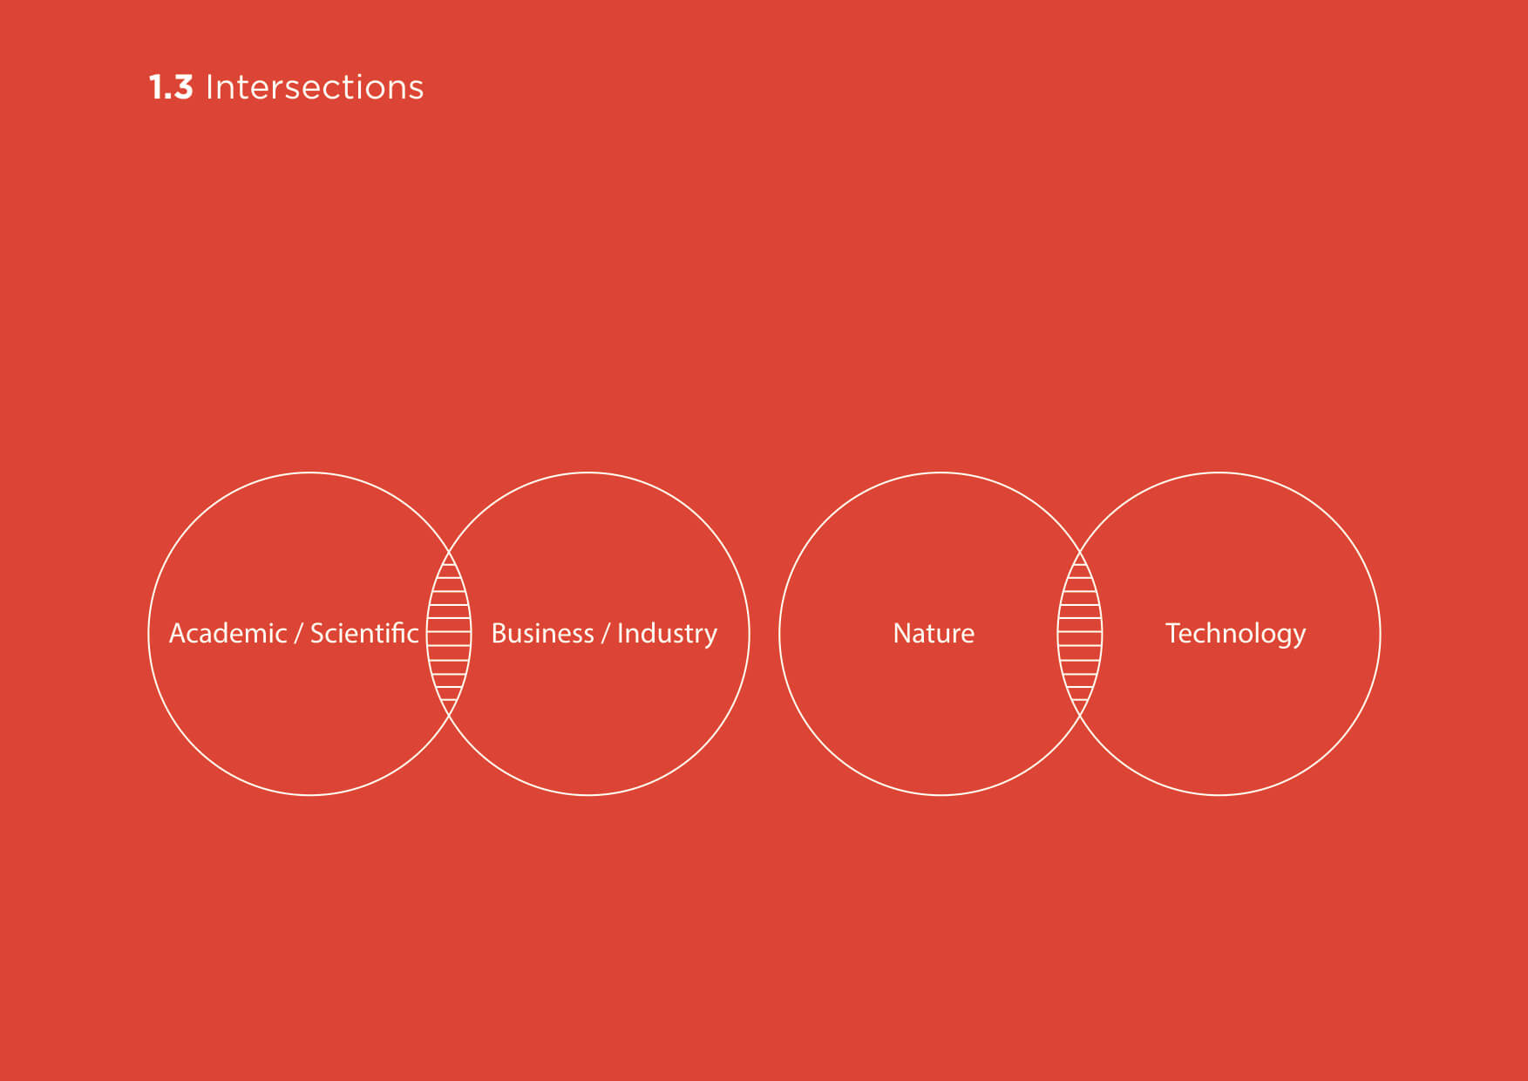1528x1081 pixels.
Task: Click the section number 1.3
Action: click(x=171, y=87)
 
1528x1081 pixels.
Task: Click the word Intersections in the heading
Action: click(x=315, y=87)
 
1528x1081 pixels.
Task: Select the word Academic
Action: click(x=228, y=633)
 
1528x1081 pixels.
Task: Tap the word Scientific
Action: click(x=364, y=633)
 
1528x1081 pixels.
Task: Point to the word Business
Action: click(x=542, y=633)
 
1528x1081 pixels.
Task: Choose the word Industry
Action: click(x=667, y=634)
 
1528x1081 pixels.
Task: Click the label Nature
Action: click(x=934, y=633)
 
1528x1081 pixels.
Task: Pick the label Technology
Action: click(x=1235, y=634)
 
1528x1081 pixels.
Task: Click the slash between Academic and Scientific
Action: click(x=298, y=634)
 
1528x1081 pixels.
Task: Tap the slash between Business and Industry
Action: click(x=605, y=634)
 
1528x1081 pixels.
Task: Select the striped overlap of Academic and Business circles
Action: click(x=449, y=634)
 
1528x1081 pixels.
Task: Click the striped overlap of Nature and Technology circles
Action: click(x=1080, y=634)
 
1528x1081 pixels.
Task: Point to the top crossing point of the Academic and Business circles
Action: click(x=449, y=552)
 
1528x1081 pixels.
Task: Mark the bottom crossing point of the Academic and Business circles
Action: click(x=449, y=716)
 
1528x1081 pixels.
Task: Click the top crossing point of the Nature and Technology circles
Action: click(x=1080, y=552)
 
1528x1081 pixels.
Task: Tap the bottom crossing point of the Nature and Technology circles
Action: click(x=1080, y=716)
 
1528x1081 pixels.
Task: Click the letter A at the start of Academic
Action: click(x=179, y=634)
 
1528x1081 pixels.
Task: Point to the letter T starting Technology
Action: click(x=1174, y=633)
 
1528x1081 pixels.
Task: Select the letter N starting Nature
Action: click(x=903, y=634)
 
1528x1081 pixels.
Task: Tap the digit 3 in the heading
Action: click(x=182, y=87)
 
